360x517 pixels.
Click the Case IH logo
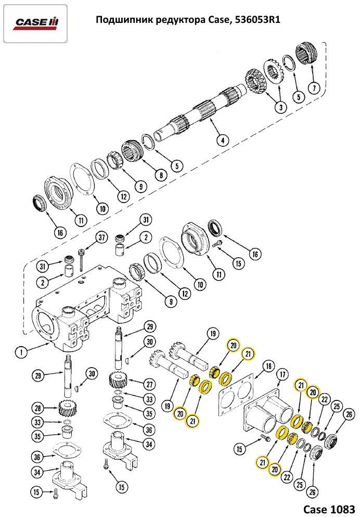36,22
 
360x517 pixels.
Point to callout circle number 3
280,107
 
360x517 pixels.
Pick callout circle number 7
313,87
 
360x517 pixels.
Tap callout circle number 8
161,175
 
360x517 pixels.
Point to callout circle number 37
101,238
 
